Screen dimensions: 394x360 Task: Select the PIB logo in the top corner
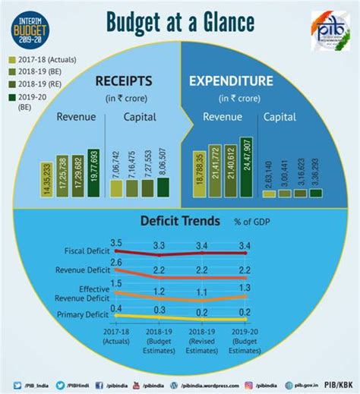click(x=330, y=32)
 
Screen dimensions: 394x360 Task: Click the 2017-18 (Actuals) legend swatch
click(x=11, y=60)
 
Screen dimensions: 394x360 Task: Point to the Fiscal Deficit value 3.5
click(x=115, y=242)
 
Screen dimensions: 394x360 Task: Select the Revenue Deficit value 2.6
click(x=115, y=263)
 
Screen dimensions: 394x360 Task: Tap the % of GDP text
click(x=248, y=221)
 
